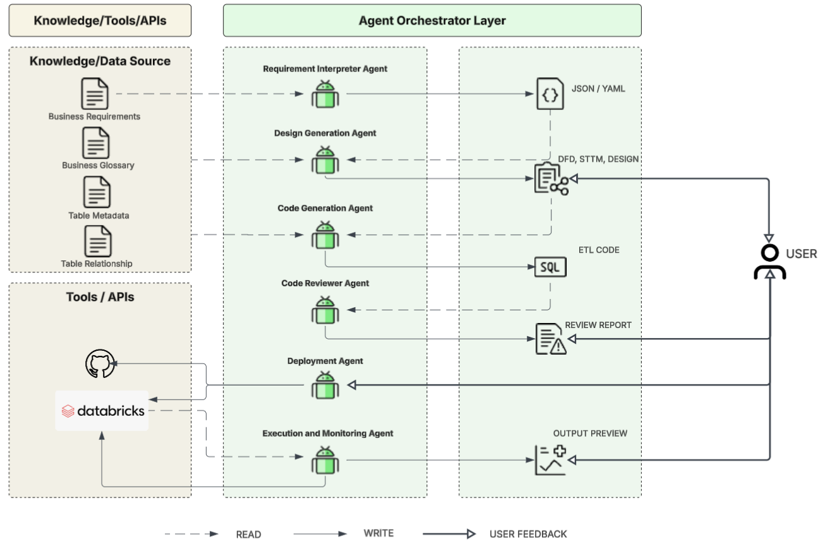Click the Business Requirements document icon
point(95,94)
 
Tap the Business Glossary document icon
point(96,143)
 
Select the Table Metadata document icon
point(97,192)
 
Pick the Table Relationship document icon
point(97,241)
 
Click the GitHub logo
point(100,365)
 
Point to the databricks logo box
point(102,411)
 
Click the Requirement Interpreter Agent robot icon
point(325,94)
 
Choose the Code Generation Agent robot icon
point(325,235)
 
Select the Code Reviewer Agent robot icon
point(325,310)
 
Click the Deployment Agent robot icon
point(325,385)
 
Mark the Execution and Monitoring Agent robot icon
point(325,460)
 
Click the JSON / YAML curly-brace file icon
point(550,94)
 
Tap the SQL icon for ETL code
point(550,267)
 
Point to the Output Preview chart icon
point(550,460)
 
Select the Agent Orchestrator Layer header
point(432,20)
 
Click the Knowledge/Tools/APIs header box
point(100,20)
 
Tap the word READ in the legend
point(248,535)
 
